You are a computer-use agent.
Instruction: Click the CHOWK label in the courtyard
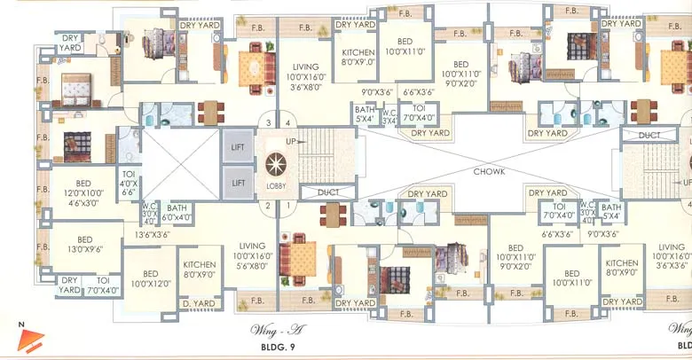click(489, 171)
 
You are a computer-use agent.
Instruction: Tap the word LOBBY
click(275, 186)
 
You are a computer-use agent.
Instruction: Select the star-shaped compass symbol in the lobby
click(275, 166)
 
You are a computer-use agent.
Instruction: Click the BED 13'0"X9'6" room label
click(85, 245)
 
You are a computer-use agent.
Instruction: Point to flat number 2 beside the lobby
click(264, 206)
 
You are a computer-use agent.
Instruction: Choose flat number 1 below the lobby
click(287, 206)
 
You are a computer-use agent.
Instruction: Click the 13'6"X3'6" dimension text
click(153, 235)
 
